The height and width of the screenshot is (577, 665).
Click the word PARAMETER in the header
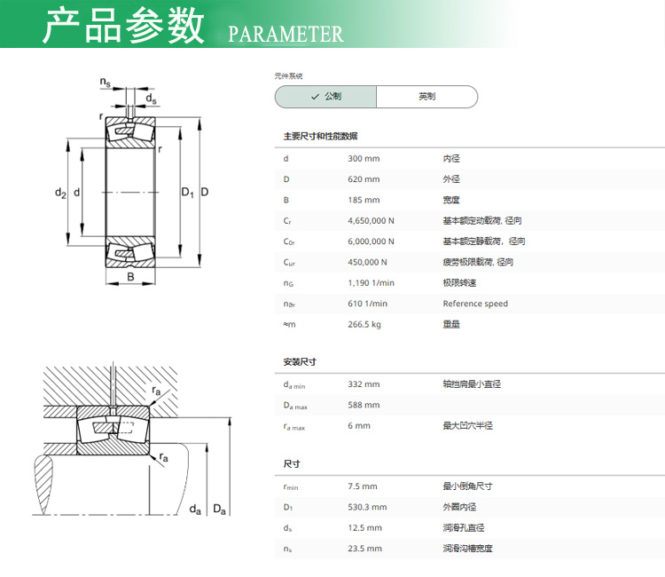click(x=286, y=35)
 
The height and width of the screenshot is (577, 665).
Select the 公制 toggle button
click(x=325, y=97)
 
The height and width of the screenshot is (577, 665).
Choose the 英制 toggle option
click(x=426, y=97)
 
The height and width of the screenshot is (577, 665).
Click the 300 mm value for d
click(x=364, y=159)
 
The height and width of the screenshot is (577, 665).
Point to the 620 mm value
click(x=364, y=179)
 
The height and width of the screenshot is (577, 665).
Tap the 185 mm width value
click(x=364, y=200)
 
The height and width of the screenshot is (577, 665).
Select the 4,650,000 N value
click(x=371, y=221)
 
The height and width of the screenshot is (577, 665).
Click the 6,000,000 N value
click(x=371, y=241)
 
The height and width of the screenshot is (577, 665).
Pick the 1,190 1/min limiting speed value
click(x=371, y=283)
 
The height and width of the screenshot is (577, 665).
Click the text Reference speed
click(x=475, y=304)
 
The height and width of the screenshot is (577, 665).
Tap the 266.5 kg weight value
click(x=364, y=324)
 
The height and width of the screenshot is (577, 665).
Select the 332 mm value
click(x=364, y=384)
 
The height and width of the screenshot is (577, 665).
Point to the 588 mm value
click(x=364, y=405)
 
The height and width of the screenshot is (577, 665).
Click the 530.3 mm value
click(x=367, y=507)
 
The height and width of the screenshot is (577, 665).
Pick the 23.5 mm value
click(x=364, y=549)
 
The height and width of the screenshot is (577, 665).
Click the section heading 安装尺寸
click(x=300, y=362)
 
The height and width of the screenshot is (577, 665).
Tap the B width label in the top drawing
click(x=130, y=277)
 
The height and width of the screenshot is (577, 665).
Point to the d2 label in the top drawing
click(x=60, y=193)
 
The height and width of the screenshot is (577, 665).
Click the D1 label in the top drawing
click(x=187, y=193)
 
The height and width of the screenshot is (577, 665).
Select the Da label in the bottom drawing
click(x=219, y=509)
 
